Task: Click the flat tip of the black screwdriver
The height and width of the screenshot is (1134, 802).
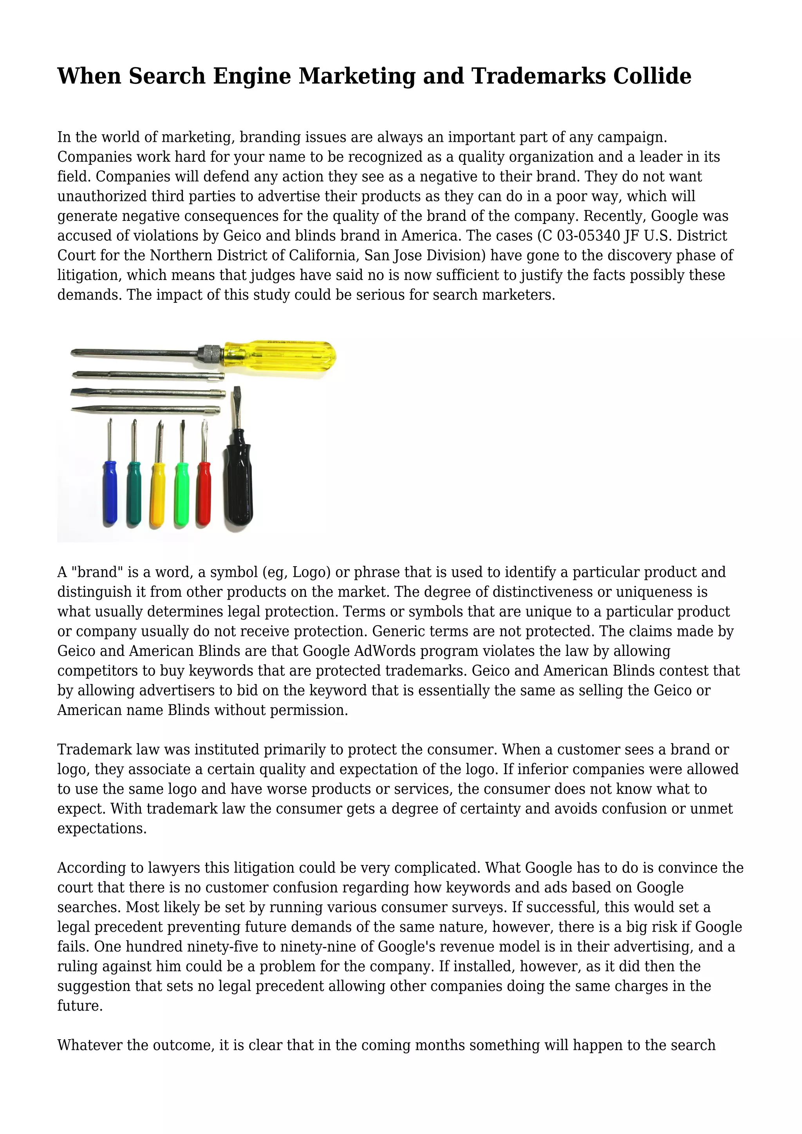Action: (238, 395)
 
